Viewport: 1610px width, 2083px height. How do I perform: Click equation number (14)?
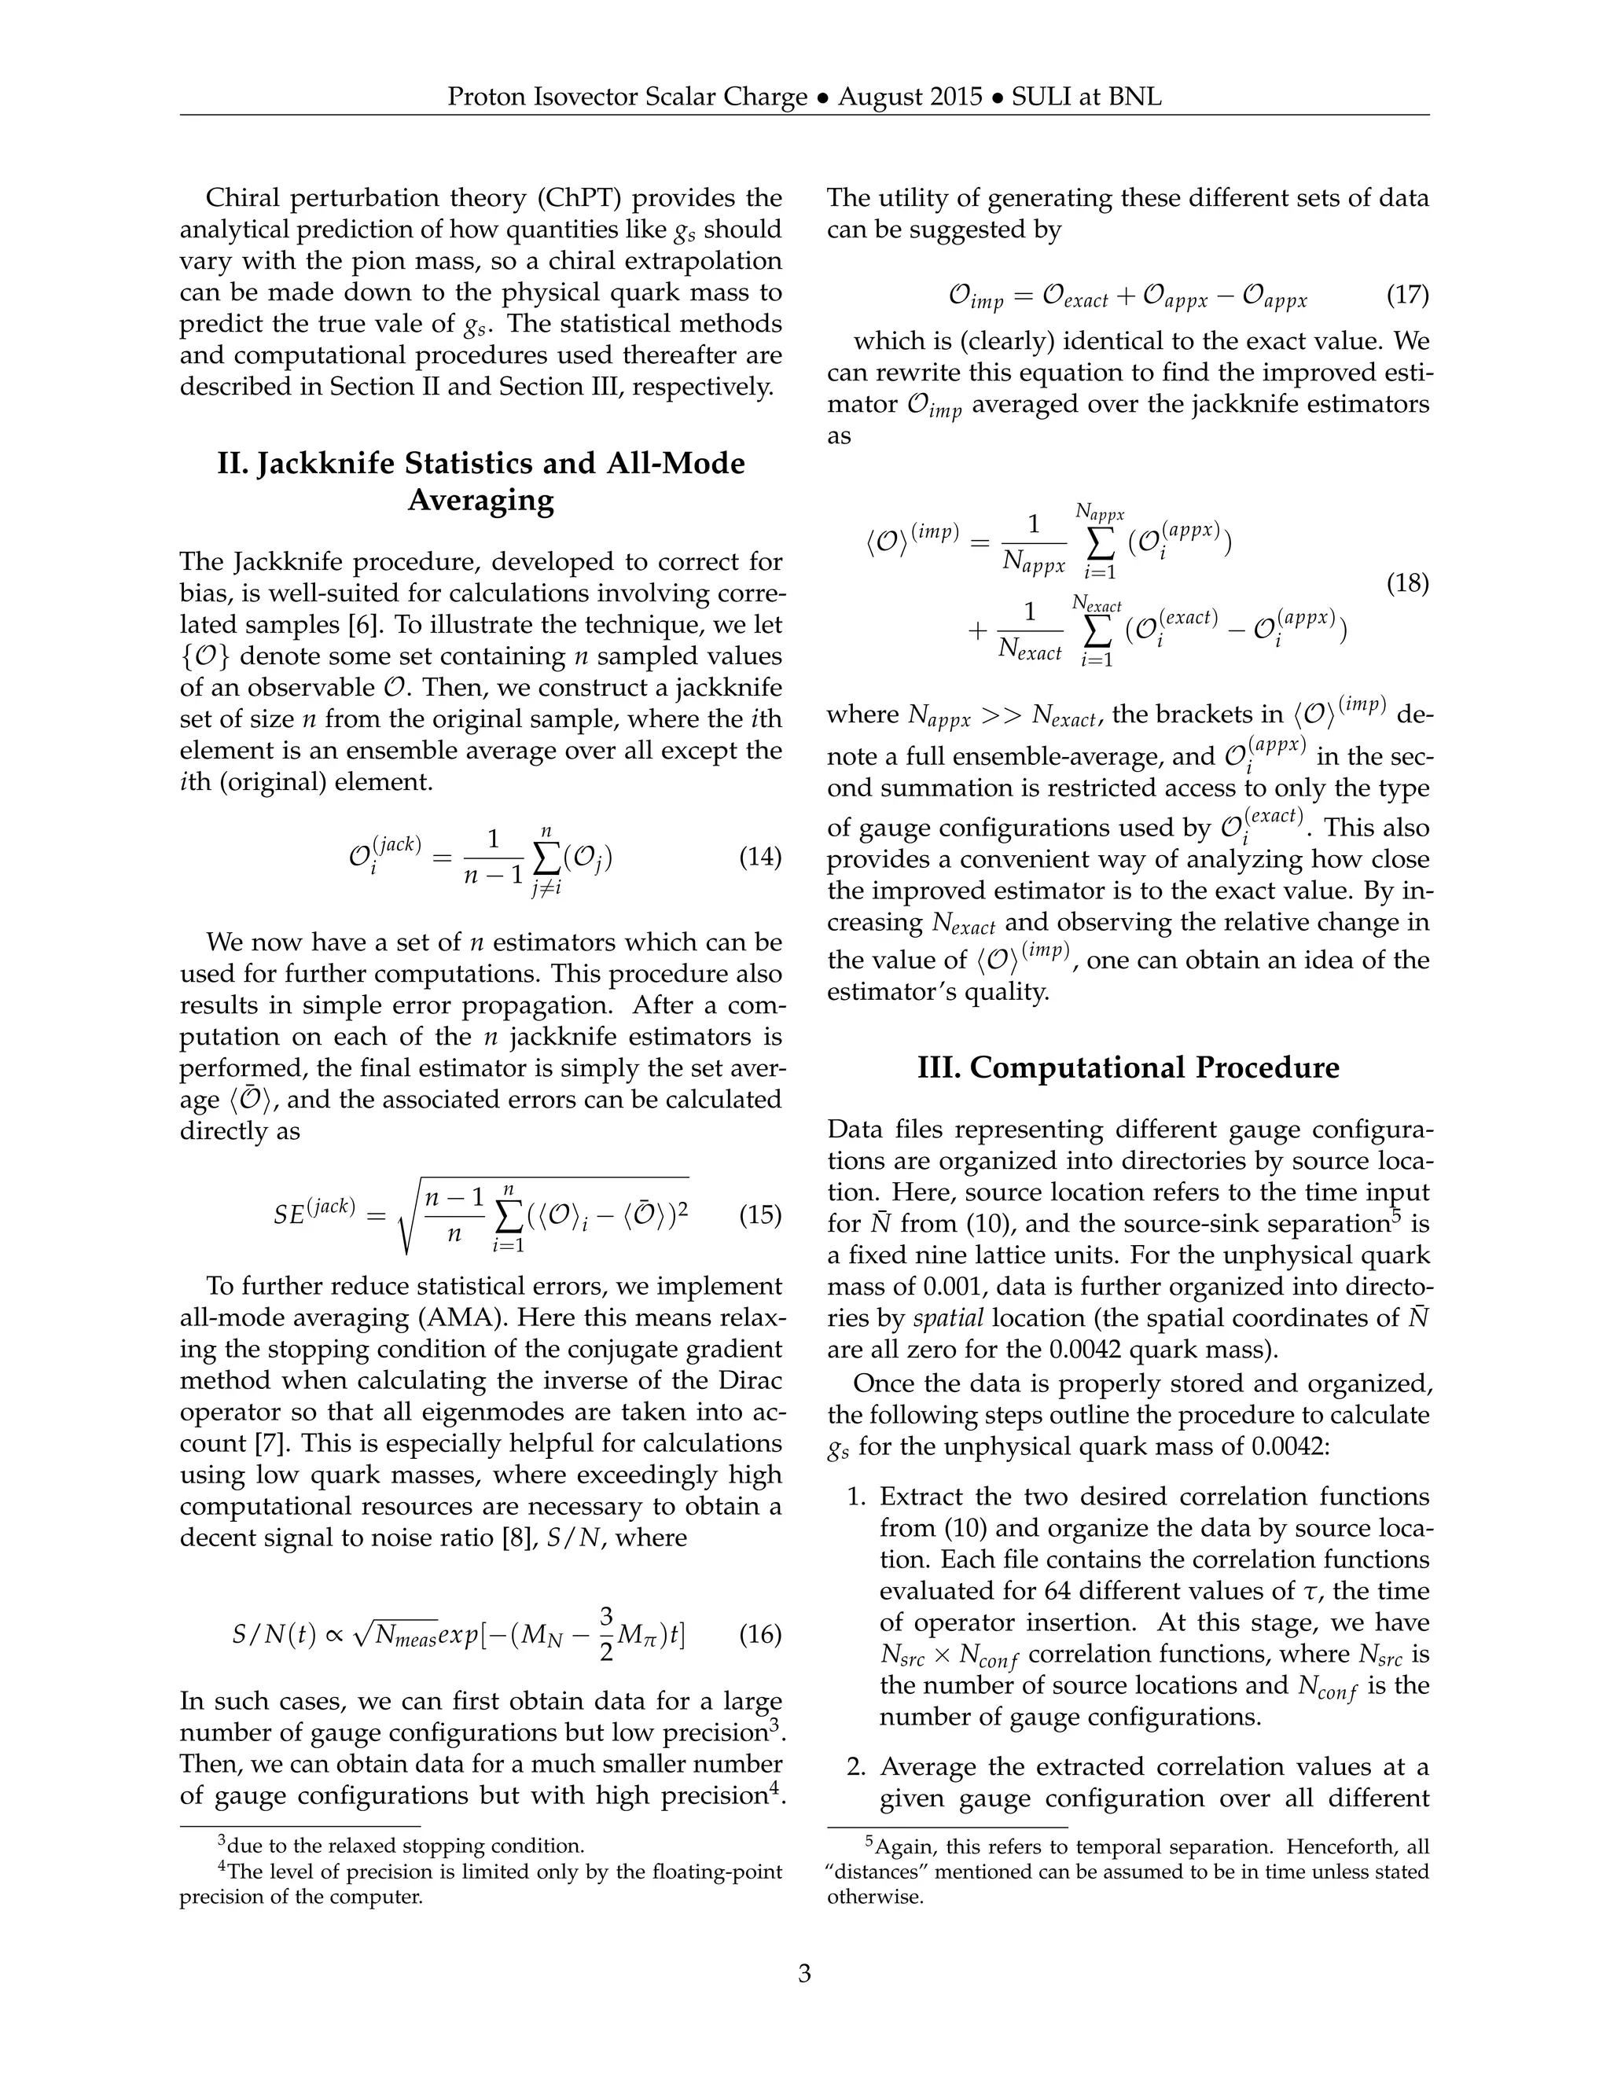(x=760, y=857)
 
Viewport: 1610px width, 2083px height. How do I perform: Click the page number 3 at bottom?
(x=804, y=1971)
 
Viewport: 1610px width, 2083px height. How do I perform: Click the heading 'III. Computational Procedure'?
(x=1127, y=1067)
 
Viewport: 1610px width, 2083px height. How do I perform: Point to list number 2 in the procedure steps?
(x=855, y=1766)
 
